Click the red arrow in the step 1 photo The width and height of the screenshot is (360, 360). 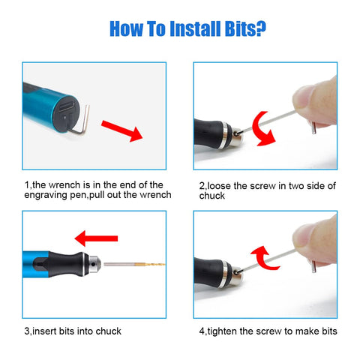point(121,130)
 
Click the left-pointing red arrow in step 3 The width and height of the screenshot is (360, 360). point(96,238)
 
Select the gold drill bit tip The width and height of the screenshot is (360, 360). point(151,264)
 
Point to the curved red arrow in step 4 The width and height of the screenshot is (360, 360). point(265,258)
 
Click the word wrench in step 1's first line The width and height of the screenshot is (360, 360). point(64,185)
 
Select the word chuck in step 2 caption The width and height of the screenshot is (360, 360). point(212,196)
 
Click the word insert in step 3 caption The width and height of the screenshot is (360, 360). point(44,331)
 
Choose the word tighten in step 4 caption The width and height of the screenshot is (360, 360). point(222,331)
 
